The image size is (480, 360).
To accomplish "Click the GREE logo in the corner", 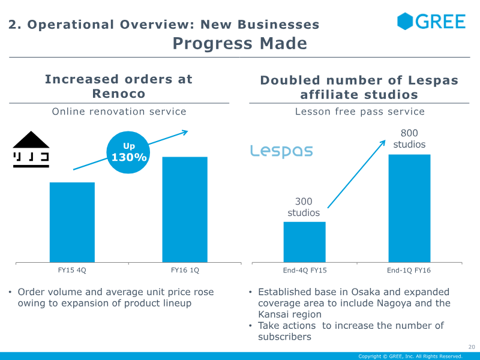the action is (x=431, y=21).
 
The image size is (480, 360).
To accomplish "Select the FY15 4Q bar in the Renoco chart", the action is (x=72, y=222).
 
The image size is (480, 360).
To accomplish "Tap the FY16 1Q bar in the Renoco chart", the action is (x=185, y=209).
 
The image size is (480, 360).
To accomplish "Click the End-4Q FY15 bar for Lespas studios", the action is (x=305, y=242).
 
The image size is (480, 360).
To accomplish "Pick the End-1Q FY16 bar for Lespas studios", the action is (x=410, y=208).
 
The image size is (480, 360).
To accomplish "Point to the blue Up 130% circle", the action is (x=128, y=152).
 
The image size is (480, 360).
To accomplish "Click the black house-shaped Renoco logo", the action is (x=31, y=149).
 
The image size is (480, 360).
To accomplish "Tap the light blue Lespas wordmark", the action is (x=281, y=151).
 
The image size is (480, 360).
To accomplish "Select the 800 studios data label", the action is (x=409, y=139).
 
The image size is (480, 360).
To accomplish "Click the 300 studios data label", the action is (x=304, y=207).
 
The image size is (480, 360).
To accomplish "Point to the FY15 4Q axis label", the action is (x=72, y=271).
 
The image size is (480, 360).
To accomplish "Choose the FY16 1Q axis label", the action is (x=185, y=271).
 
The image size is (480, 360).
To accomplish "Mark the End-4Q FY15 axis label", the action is (x=305, y=271).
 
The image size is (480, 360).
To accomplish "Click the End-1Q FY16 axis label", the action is (x=409, y=271).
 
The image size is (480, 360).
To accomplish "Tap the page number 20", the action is (x=472, y=347).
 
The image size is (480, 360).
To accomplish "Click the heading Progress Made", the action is (x=239, y=43).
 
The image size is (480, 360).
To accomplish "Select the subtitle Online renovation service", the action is (x=119, y=112).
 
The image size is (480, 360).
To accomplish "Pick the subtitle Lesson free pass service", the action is (x=359, y=112).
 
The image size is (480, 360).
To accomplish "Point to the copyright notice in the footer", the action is (x=410, y=356).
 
